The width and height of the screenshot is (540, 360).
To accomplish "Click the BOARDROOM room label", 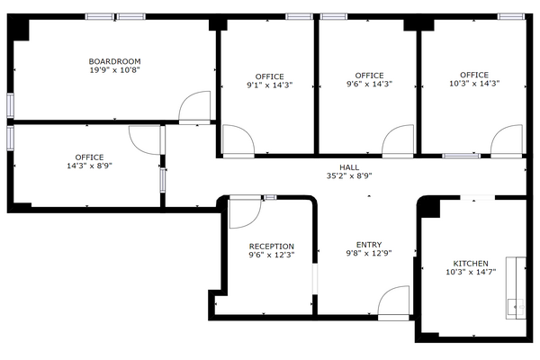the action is (x=114, y=61).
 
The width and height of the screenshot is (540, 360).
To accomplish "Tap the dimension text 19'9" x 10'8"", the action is (x=114, y=70).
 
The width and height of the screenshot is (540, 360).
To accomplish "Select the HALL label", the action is (x=349, y=167).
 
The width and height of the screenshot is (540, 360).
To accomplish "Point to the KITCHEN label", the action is (x=471, y=264).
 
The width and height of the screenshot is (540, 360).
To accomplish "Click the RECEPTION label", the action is (x=272, y=247).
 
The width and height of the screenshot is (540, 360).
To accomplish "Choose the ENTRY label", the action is (x=369, y=245).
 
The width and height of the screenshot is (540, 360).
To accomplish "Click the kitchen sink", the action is (x=516, y=307).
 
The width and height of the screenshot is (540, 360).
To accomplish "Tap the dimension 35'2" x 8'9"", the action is (x=349, y=176).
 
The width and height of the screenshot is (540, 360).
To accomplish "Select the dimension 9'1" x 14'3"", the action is (x=270, y=85).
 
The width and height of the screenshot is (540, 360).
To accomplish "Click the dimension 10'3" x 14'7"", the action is (x=471, y=272).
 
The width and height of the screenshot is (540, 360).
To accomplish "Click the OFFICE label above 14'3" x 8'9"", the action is (x=89, y=157).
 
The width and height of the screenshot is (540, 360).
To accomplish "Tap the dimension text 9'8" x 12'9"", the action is (x=369, y=253).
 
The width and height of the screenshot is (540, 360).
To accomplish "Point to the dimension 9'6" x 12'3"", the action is (x=272, y=256).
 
